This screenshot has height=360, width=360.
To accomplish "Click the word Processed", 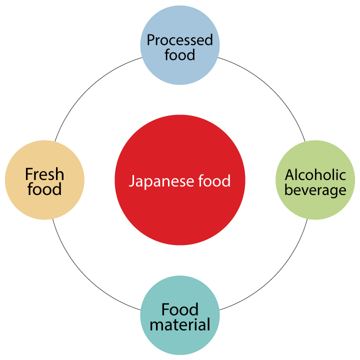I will [x=180, y=40].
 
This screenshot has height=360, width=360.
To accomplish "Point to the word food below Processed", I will [x=180, y=54].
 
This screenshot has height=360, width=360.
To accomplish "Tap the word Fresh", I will [x=44, y=174].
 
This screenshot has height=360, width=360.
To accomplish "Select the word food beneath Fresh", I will [x=44, y=189].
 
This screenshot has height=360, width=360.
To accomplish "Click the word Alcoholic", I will [x=315, y=174].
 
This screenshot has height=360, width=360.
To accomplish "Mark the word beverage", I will [x=315, y=190].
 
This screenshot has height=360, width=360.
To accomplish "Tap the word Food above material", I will [x=180, y=309].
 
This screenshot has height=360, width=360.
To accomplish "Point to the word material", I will [x=180, y=324].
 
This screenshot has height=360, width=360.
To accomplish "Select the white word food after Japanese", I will [x=213, y=180].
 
